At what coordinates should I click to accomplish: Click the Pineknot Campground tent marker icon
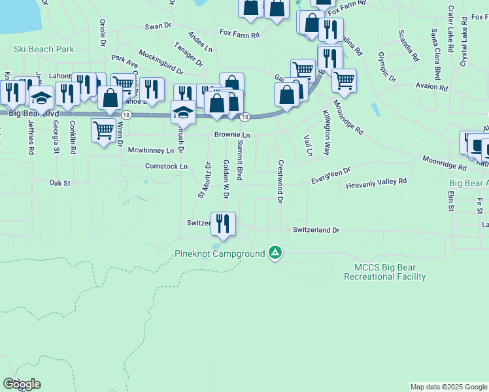(x=276, y=253)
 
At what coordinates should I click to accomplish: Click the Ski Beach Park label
(x=44, y=49)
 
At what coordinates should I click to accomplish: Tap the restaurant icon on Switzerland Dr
(x=223, y=223)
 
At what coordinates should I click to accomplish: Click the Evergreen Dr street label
(x=331, y=174)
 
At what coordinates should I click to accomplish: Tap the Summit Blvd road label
(x=241, y=159)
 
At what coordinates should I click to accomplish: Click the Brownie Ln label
(x=233, y=135)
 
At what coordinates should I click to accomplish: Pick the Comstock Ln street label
(x=166, y=167)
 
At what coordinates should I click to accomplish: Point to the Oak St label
(x=59, y=184)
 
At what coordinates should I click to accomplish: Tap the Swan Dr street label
(x=158, y=25)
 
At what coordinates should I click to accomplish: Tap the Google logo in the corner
(x=22, y=384)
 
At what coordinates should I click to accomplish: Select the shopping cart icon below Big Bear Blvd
(x=104, y=129)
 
